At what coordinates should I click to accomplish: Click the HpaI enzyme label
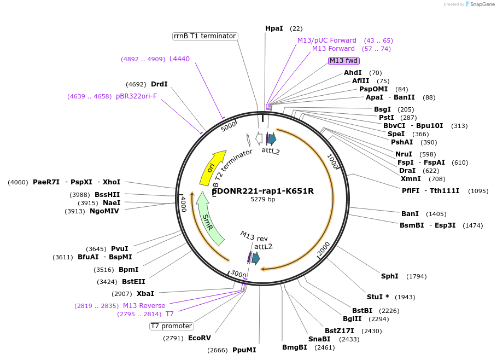point(274,28)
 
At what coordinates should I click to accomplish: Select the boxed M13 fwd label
point(343,61)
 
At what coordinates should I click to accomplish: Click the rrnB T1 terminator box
point(204,36)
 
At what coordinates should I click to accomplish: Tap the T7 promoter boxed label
point(171,326)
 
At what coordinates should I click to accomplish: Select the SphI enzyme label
point(389,276)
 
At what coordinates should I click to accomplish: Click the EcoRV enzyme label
point(200,338)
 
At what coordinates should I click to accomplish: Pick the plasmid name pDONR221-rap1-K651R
point(263,191)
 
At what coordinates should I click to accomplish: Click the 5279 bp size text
point(263,200)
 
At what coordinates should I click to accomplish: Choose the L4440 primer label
point(179,59)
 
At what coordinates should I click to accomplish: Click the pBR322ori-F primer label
point(136,96)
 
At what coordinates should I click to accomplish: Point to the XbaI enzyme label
point(145,293)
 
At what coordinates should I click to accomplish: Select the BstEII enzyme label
point(133,282)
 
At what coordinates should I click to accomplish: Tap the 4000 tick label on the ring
point(184,204)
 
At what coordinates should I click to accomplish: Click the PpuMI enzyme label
point(244,350)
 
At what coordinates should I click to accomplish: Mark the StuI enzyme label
point(378,297)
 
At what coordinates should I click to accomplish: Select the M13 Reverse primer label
point(144,305)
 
